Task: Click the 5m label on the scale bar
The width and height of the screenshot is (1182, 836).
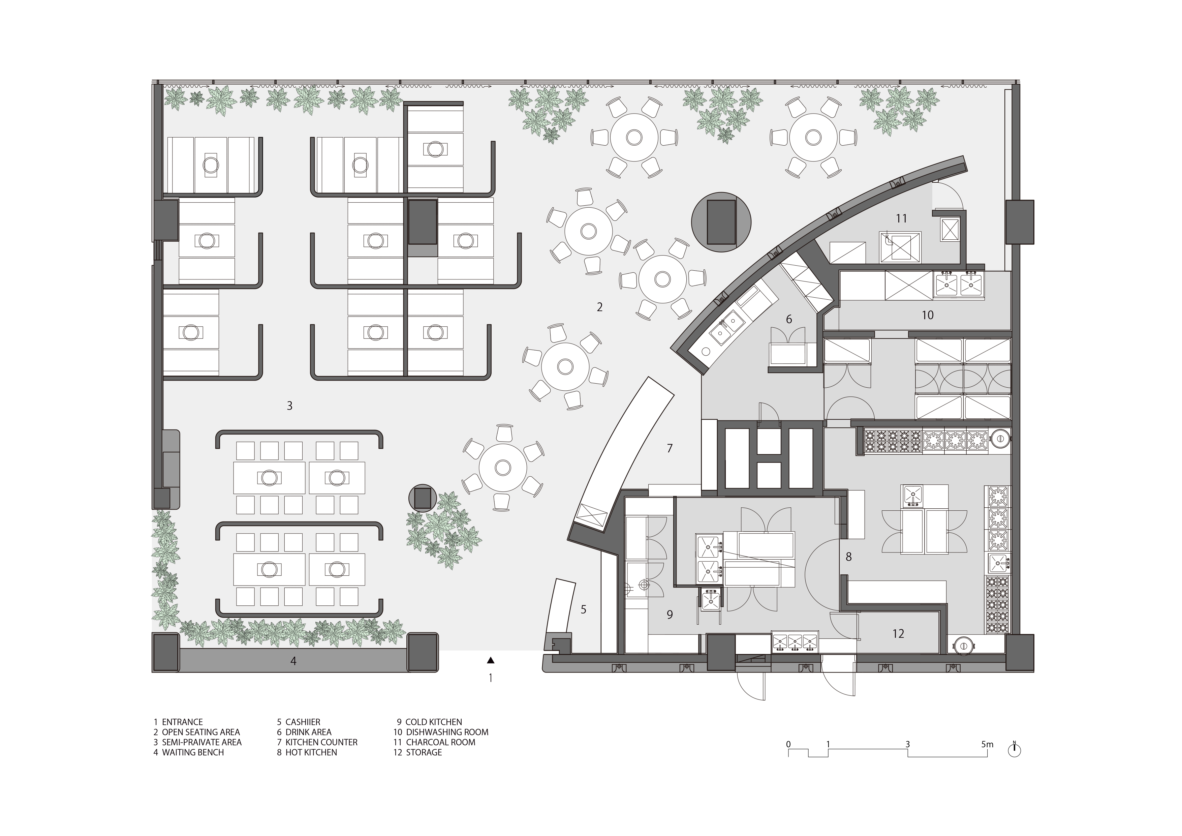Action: (x=987, y=744)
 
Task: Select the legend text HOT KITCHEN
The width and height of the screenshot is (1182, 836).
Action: (x=311, y=752)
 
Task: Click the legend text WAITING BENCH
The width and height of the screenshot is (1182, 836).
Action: (x=193, y=752)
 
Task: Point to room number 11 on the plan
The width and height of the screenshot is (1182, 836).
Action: (x=901, y=218)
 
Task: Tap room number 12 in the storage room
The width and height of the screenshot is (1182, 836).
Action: (x=898, y=633)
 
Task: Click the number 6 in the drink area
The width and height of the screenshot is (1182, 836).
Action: (x=789, y=319)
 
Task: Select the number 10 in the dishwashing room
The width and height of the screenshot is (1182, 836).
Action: (x=927, y=315)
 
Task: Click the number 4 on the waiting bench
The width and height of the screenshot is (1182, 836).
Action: (x=293, y=661)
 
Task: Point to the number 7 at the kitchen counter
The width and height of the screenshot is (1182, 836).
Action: (x=669, y=448)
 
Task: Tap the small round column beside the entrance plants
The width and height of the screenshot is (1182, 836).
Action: (x=422, y=498)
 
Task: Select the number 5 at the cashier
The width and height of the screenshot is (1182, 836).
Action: (x=583, y=609)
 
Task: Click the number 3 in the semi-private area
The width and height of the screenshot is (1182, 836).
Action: (x=289, y=406)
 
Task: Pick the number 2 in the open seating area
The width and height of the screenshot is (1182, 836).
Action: (x=599, y=307)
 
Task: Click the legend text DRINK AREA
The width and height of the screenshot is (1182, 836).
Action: (x=308, y=732)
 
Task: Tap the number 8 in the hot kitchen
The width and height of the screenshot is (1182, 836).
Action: (x=848, y=556)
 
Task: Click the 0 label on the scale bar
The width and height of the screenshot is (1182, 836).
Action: (x=788, y=744)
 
